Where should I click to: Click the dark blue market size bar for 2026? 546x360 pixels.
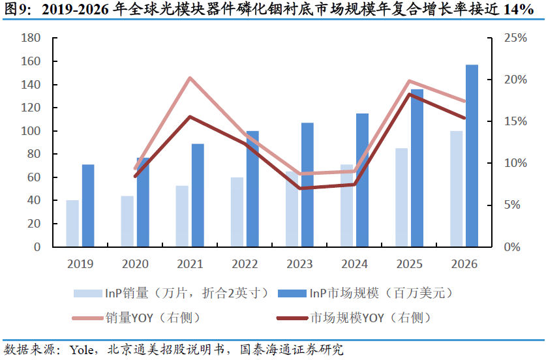click(x=472, y=156)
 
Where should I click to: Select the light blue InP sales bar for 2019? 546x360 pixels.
click(x=72, y=224)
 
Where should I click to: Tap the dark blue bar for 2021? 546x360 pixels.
click(x=198, y=195)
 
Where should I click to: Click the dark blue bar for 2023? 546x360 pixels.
click(x=307, y=185)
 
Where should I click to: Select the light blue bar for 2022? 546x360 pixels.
click(x=237, y=212)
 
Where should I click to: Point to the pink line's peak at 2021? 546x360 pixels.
click(x=189, y=78)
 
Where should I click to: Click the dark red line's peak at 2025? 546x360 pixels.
click(x=409, y=95)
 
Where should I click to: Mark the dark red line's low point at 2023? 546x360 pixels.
click(x=299, y=188)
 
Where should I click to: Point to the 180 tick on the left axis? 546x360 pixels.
click(x=31, y=38)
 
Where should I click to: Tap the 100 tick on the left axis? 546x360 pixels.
click(x=31, y=131)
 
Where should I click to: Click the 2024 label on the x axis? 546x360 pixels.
click(x=354, y=264)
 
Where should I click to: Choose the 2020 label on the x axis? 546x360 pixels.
click(x=135, y=264)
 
